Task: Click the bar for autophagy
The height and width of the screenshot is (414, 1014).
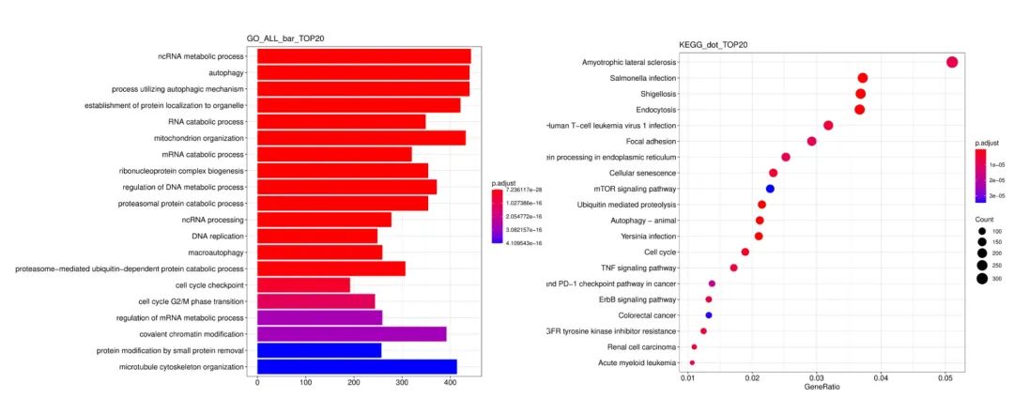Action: tap(362, 72)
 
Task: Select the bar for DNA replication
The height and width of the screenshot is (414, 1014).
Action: tap(317, 236)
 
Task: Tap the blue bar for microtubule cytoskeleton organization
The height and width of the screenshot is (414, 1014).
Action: tap(357, 367)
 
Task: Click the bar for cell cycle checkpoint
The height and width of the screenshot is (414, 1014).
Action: tap(303, 284)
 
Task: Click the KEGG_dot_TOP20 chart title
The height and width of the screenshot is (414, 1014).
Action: tap(714, 45)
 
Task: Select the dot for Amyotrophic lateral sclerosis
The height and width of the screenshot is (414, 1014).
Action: tap(952, 62)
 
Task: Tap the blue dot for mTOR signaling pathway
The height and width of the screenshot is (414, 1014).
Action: tap(770, 189)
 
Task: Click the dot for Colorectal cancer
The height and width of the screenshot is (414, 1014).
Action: tap(709, 315)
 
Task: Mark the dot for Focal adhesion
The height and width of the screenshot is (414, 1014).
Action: tap(812, 141)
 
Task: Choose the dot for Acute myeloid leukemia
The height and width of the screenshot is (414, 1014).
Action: tap(692, 362)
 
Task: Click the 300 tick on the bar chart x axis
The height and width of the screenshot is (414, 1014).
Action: tap(402, 383)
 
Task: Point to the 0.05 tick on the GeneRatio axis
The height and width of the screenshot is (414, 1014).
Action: tap(945, 377)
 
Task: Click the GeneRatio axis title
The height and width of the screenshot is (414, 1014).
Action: tap(821, 387)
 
